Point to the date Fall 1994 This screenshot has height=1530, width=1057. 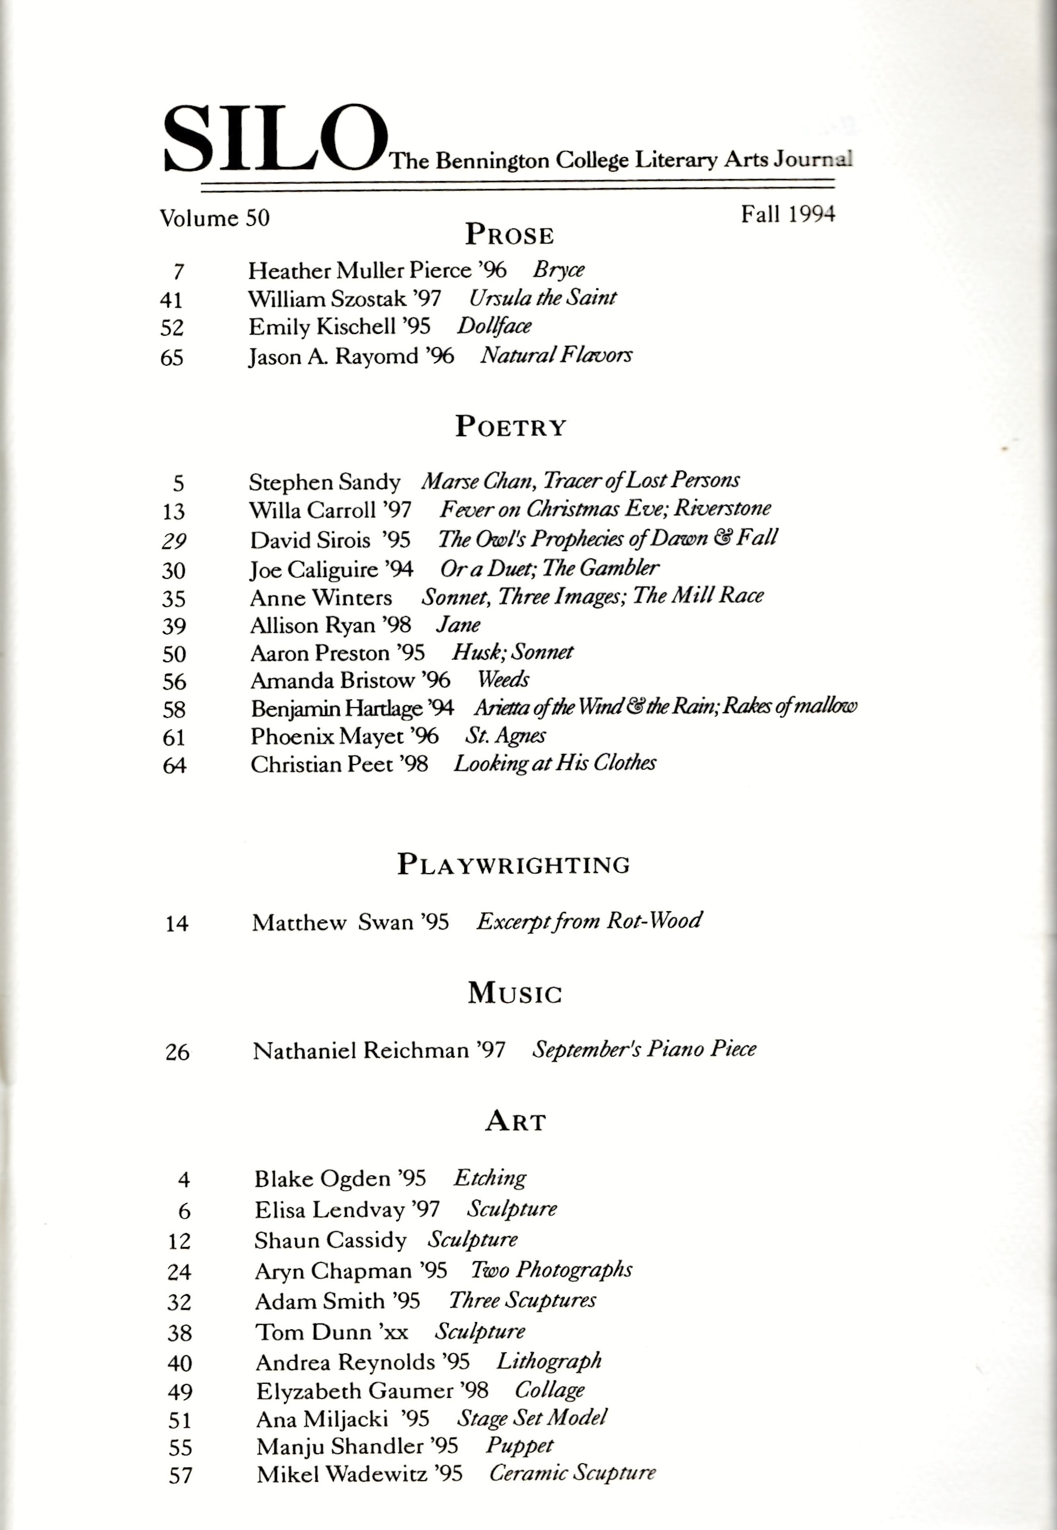788,214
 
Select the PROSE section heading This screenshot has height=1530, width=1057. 509,234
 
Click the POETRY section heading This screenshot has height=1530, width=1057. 511,427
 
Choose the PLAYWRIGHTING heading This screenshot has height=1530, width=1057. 514,864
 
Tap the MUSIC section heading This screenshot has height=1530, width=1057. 515,993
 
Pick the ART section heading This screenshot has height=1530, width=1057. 515,1121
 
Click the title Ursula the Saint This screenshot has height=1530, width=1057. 542,298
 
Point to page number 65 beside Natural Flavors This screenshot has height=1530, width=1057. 171,358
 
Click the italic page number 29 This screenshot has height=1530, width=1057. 174,541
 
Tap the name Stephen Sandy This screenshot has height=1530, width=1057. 325,482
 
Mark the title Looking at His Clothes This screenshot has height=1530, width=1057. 555,764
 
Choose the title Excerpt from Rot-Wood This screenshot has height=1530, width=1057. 589,921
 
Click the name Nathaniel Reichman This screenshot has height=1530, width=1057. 360,1051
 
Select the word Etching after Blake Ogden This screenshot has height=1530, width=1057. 489,1178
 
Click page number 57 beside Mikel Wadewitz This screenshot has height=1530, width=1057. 180,1475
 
